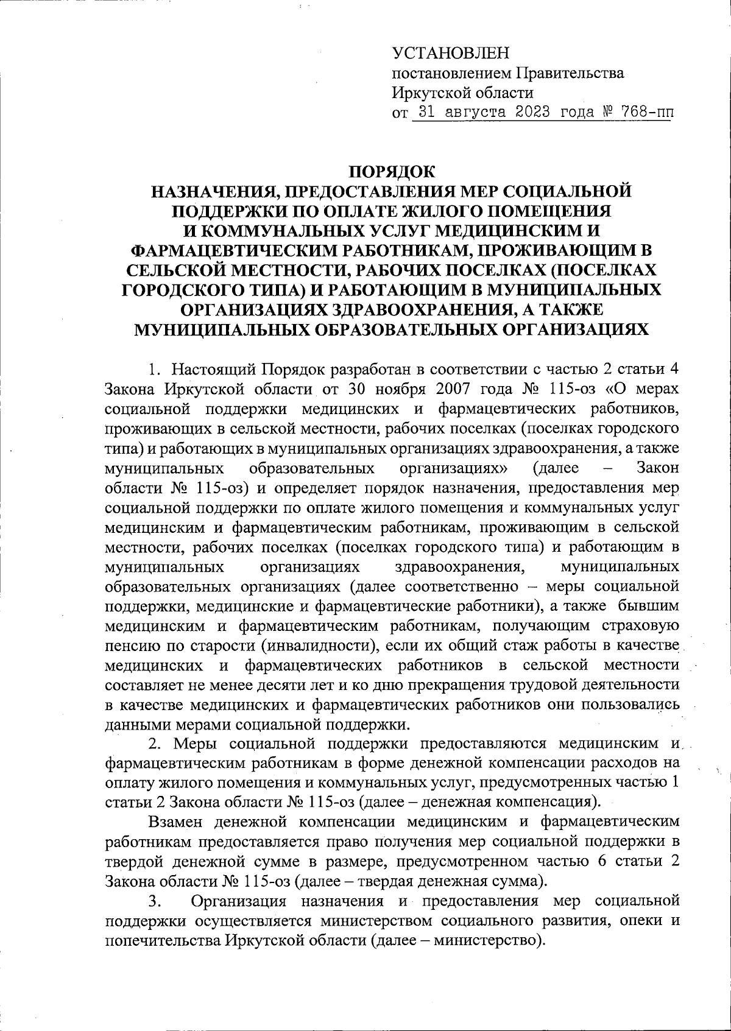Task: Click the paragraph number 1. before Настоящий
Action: [x=156, y=370]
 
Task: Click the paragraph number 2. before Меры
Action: [x=155, y=744]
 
